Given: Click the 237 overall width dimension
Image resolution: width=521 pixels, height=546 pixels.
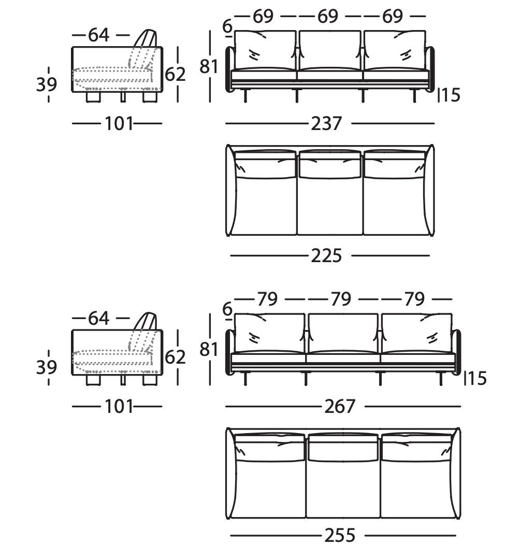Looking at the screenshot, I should [327, 124].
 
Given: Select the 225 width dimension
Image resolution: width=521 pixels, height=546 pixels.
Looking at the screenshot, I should [327, 255].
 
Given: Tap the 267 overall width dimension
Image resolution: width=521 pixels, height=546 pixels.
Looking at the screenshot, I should [340, 407].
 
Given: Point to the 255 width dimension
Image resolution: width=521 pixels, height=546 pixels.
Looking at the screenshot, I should [340, 535].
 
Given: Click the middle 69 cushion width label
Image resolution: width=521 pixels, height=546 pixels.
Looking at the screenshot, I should [328, 17].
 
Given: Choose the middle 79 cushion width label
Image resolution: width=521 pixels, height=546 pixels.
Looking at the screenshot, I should [341, 299].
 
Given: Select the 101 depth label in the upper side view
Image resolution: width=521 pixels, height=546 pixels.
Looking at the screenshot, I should [119, 124].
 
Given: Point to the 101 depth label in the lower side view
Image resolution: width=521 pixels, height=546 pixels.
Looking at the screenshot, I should [119, 407].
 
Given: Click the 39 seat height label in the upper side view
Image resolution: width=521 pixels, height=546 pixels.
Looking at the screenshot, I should [47, 84].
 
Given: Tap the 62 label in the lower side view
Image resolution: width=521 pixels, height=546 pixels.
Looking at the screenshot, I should [175, 357].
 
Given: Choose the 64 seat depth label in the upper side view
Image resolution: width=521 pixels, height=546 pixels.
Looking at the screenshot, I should [98, 35].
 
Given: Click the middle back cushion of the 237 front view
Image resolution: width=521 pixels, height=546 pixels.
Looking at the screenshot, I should [329, 50].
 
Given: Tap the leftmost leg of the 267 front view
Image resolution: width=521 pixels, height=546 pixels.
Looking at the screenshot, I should [245, 380].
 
